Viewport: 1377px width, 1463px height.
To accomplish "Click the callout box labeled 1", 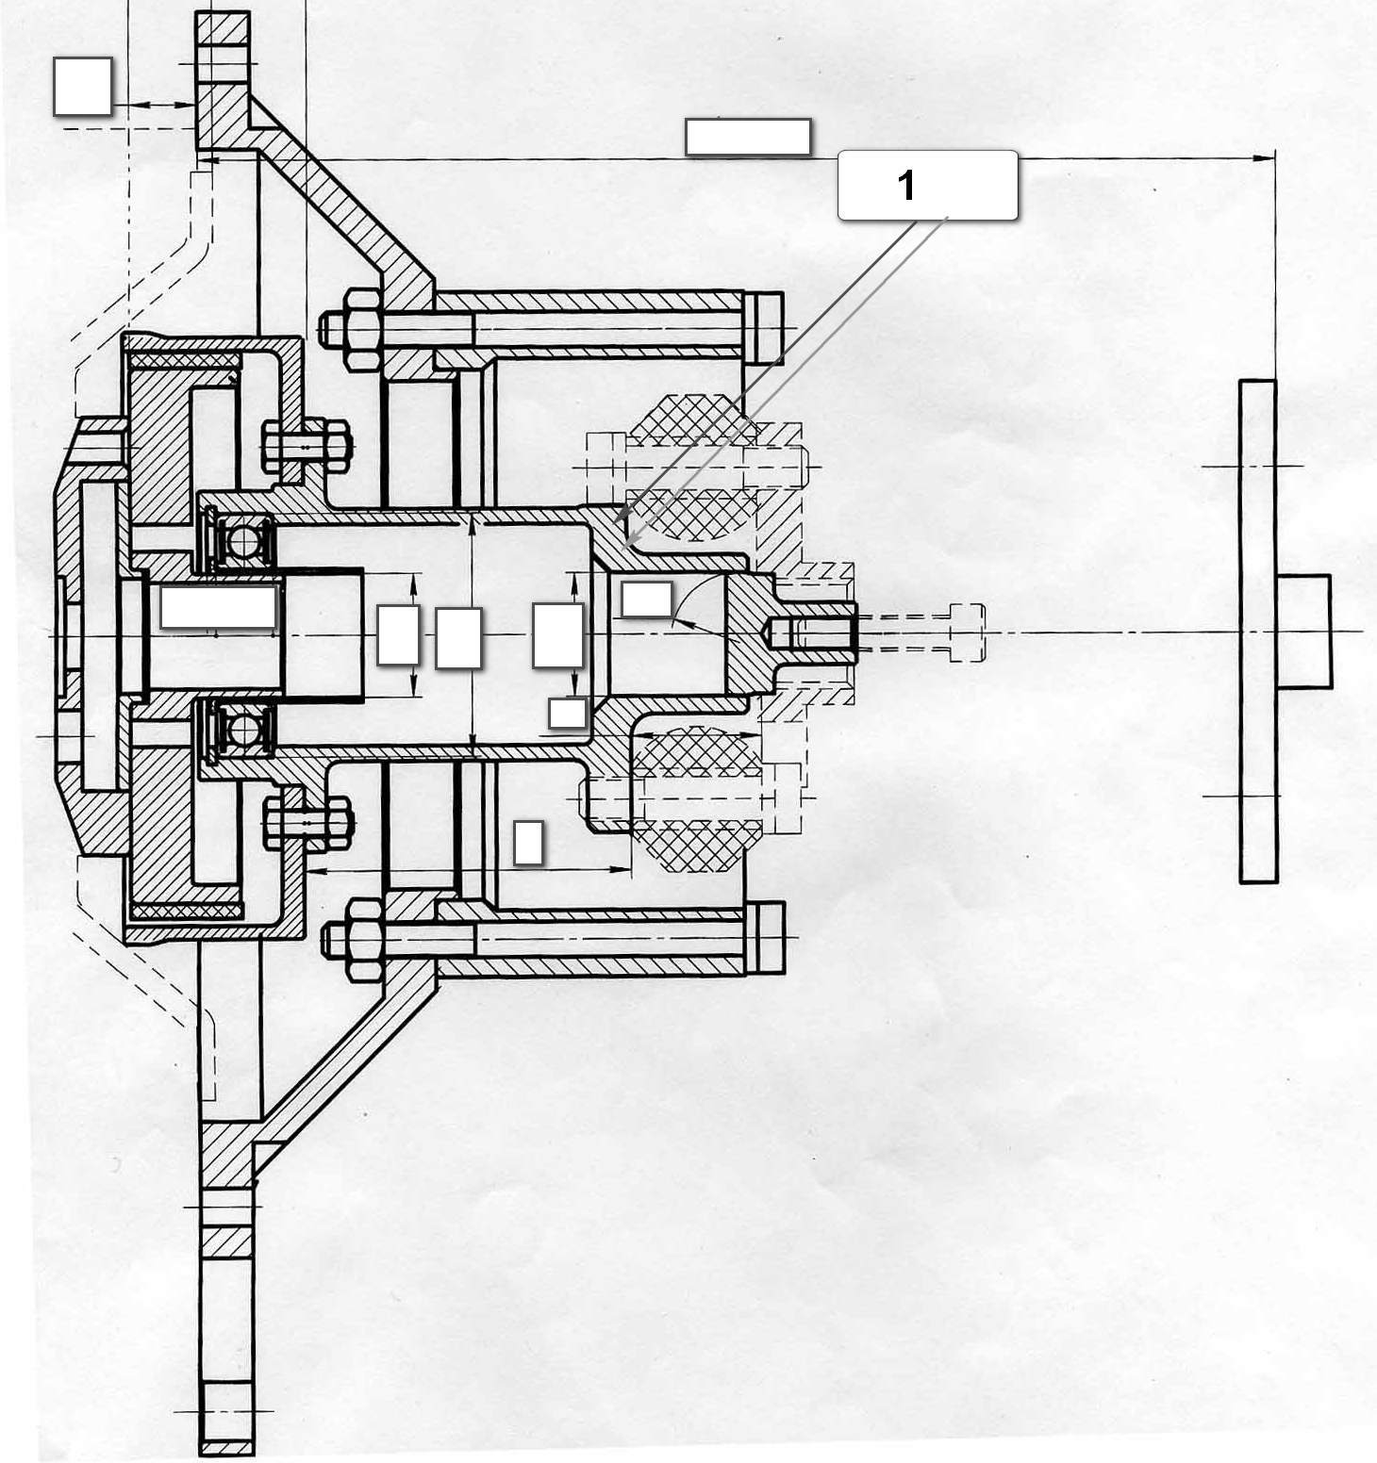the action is [927, 186].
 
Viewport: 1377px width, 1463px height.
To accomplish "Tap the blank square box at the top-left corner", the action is [83, 87].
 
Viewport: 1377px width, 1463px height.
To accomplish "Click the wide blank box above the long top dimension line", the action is [748, 137].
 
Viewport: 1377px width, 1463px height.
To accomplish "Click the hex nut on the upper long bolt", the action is [353, 329].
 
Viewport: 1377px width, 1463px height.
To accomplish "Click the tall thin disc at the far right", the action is [1258, 631].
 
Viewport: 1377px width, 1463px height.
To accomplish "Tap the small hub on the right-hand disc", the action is [1304, 631].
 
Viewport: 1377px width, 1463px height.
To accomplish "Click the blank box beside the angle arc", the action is [647, 600].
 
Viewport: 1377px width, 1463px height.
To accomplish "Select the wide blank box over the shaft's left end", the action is [219, 606].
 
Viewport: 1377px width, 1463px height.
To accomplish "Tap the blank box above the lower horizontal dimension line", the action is [528, 842].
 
